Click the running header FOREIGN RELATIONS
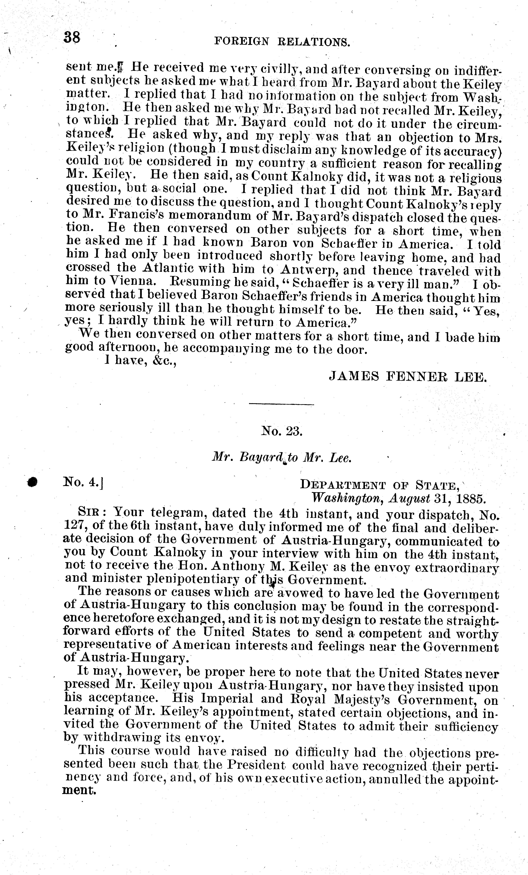pos(282,43)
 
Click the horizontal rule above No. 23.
pos(281,404)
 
